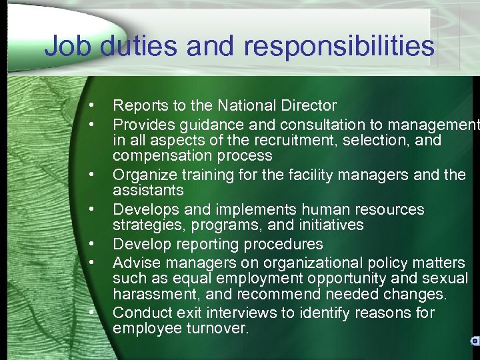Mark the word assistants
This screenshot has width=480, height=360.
pyautogui.click(x=148, y=191)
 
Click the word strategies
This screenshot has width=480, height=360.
pyautogui.click(x=145, y=226)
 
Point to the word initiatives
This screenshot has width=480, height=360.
pyautogui.click(x=331, y=226)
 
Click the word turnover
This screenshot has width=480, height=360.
pyautogui.click(x=213, y=329)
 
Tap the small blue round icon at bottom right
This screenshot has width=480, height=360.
pyautogui.click(x=475, y=341)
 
